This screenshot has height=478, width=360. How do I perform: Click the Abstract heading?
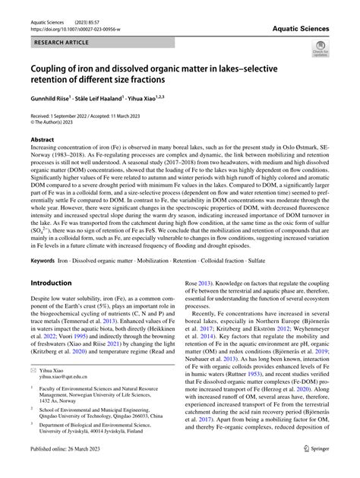42,140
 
